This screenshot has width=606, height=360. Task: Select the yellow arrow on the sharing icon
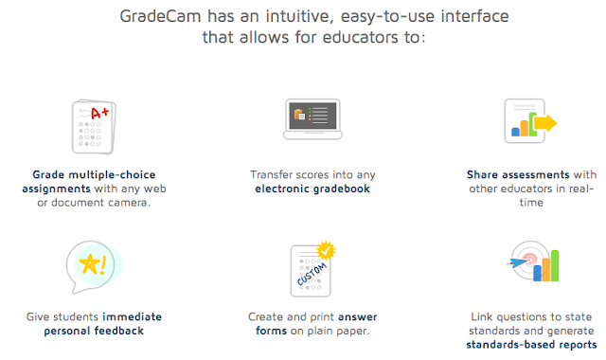point(544,123)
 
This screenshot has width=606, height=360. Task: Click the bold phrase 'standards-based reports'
point(530,345)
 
